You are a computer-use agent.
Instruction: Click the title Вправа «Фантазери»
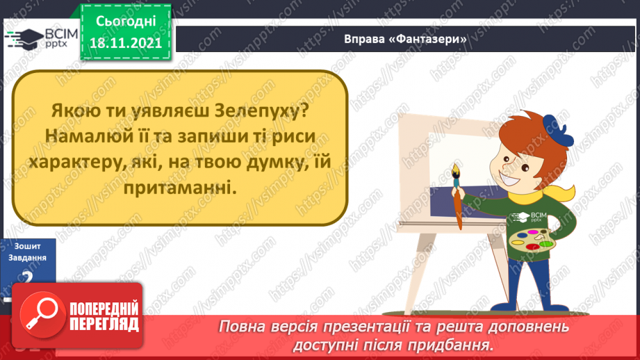pyautogui.click(x=405, y=39)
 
